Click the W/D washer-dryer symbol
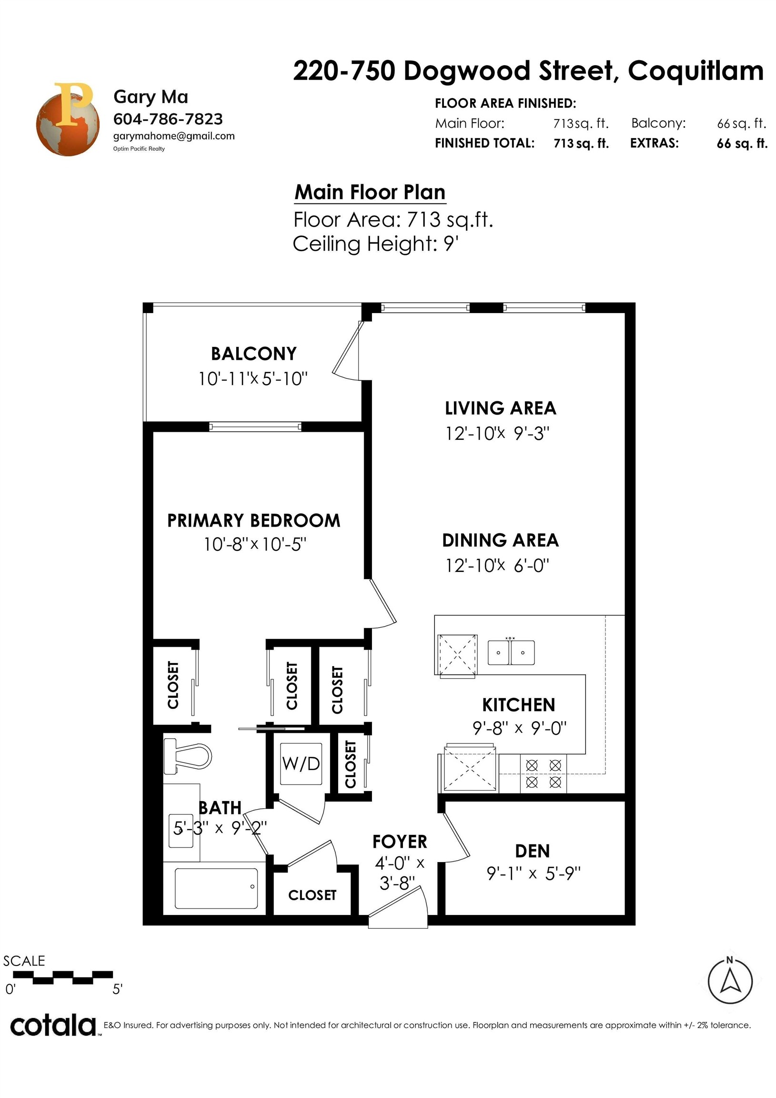tap(301, 764)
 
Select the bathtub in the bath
tap(217, 888)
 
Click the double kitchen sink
tap(511, 653)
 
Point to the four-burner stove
tap(543, 774)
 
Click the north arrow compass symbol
tap(730, 981)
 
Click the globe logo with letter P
tap(68, 119)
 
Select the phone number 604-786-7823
tap(168, 119)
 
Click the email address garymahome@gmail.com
tap(174, 136)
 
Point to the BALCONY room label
tap(254, 354)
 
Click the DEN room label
tap(533, 851)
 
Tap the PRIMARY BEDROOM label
tap(254, 520)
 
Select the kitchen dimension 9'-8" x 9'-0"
tap(519, 728)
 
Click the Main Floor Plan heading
tap(370, 192)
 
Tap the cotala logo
tap(53, 1026)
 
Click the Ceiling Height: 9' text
tap(376, 244)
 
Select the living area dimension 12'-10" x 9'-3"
tap(497, 433)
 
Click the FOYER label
tap(400, 842)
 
